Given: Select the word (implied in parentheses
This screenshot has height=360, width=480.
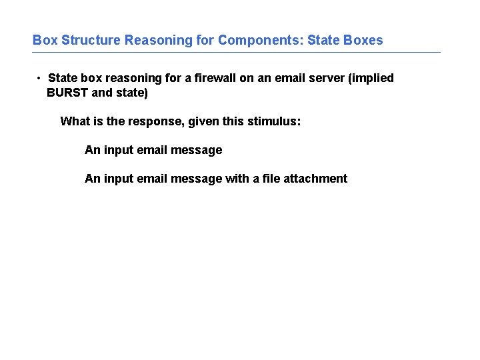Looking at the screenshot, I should click(x=371, y=78).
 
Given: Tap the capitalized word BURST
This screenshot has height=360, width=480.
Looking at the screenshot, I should click(x=67, y=93).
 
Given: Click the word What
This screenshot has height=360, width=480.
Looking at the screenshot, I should click(x=75, y=121).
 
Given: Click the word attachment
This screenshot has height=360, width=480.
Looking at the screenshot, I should click(x=315, y=179).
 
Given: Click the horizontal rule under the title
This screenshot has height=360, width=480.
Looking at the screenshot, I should click(x=237, y=53).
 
